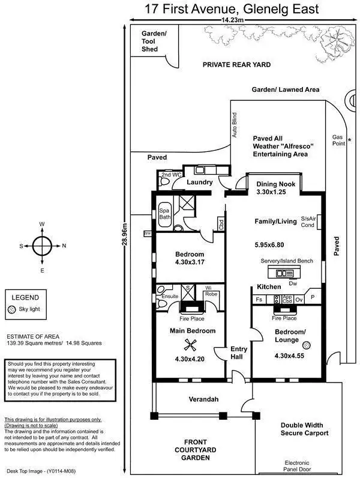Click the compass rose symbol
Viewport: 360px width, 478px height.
(x=41, y=246)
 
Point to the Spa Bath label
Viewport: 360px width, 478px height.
(x=164, y=214)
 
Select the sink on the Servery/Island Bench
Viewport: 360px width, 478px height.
(x=281, y=273)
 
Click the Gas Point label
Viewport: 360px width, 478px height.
(x=339, y=141)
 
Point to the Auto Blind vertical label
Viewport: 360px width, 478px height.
(x=235, y=126)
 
